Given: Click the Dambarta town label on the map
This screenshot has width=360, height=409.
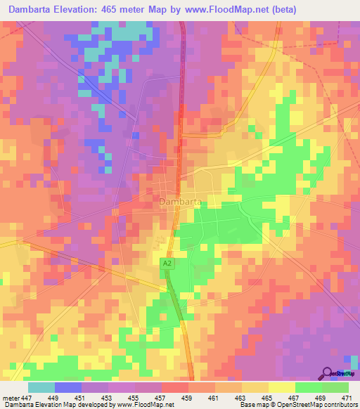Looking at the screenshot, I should [181, 202].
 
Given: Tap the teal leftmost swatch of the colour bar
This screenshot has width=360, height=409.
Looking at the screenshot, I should [41, 388].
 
